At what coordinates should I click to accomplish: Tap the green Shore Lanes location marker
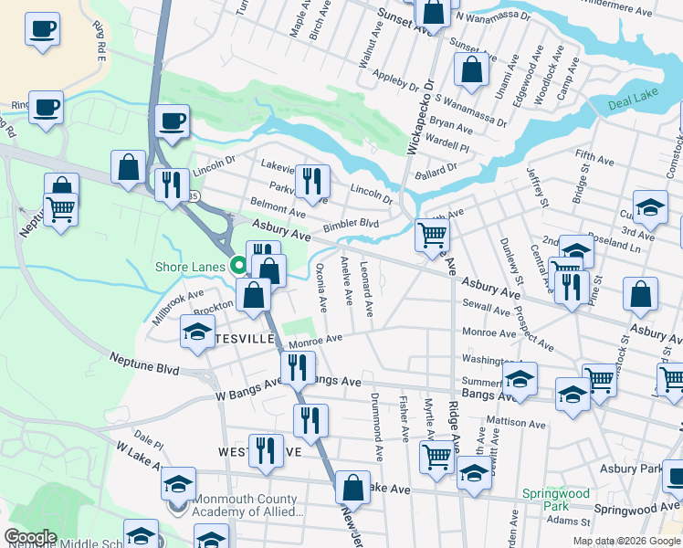pyautogui.click(x=239, y=266)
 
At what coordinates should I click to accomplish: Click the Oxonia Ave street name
pyautogui.click(x=320, y=288)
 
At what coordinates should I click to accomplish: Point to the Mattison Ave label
pyautogui.click(x=516, y=423)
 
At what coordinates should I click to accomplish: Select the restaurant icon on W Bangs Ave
pyautogui.click(x=298, y=366)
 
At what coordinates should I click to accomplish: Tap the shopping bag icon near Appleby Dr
pyautogui.click(x=470, y=70)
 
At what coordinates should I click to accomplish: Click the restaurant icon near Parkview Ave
pyautogui.click(x=312, y=180)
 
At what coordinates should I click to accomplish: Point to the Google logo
pyautogui.click(x=30, y=537)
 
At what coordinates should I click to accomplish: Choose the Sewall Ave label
pyautogui.click(x=486, y=311)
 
